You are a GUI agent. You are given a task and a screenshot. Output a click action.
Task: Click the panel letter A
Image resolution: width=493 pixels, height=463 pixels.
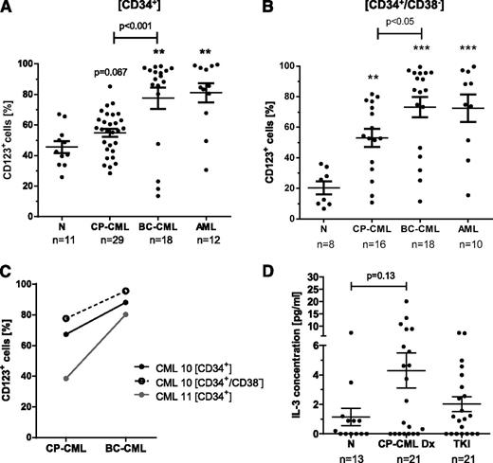pyautogui.click(x=9, y=9)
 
